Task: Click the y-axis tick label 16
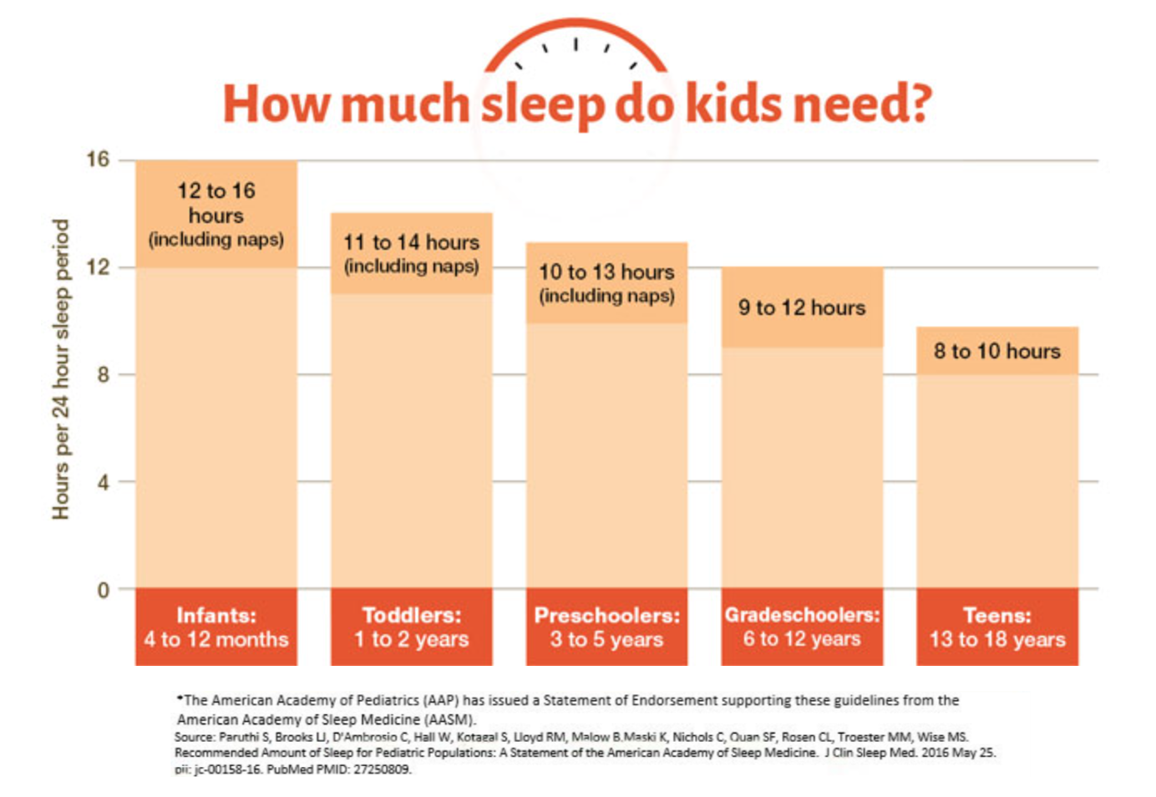pyautogui.click(x=98, y=159)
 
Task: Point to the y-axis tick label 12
pyautogui.click(x=98, y=267)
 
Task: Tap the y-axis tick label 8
pyautogui.click(x=103, y=374)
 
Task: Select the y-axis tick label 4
pyautogui.click(x=103, y=482)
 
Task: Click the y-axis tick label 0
pyautogui.click(x=103, y=590)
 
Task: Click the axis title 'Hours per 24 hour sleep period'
pyautogui.click(x=60, y=369)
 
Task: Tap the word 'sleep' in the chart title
pyautogui.click(x=542, y=105)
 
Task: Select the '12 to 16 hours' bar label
pyautogui.click(x=215, y=203)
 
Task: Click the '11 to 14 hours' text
pyautogui.click(x=411, y=242)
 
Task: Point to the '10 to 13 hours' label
pyautogui.click(x=606, y=272)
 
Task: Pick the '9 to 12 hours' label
pyautogui.click(x=802, y=307)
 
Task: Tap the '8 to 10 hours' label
pyautogui.click(x=996, y=351)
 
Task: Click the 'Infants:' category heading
pyautogui.click(x=215, y=616)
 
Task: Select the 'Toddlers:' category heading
pyautogui.click(x=411, y=616)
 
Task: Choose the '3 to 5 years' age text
pyautogui.click(x=606, y=640)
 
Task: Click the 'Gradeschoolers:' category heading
pyautogui.click(x=802, y=615)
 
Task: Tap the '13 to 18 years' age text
pyautogui.click(x=996, y=640)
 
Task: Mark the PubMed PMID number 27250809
pyautogui.click(x=382, y=769)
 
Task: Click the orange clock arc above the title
pyautogui.click(x=575, y=25)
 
